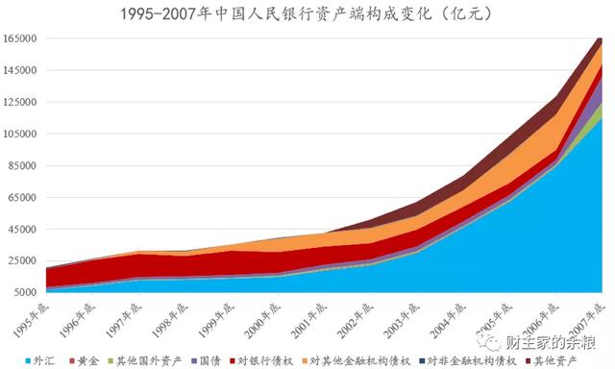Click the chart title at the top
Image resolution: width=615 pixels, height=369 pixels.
(307, 13)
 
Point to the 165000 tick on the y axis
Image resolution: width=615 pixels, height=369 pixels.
(20, 39)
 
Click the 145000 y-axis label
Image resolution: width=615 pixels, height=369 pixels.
(20, 71)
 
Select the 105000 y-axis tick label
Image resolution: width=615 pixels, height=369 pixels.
(20, 135)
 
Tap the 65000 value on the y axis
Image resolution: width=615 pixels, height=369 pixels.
(23, 198)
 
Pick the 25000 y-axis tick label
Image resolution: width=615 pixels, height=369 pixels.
(23, 261)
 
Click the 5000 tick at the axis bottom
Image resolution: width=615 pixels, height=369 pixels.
(26, 293)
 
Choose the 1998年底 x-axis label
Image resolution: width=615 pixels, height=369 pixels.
(174, 314)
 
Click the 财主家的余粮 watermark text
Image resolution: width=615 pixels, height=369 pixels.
(557, 342)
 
